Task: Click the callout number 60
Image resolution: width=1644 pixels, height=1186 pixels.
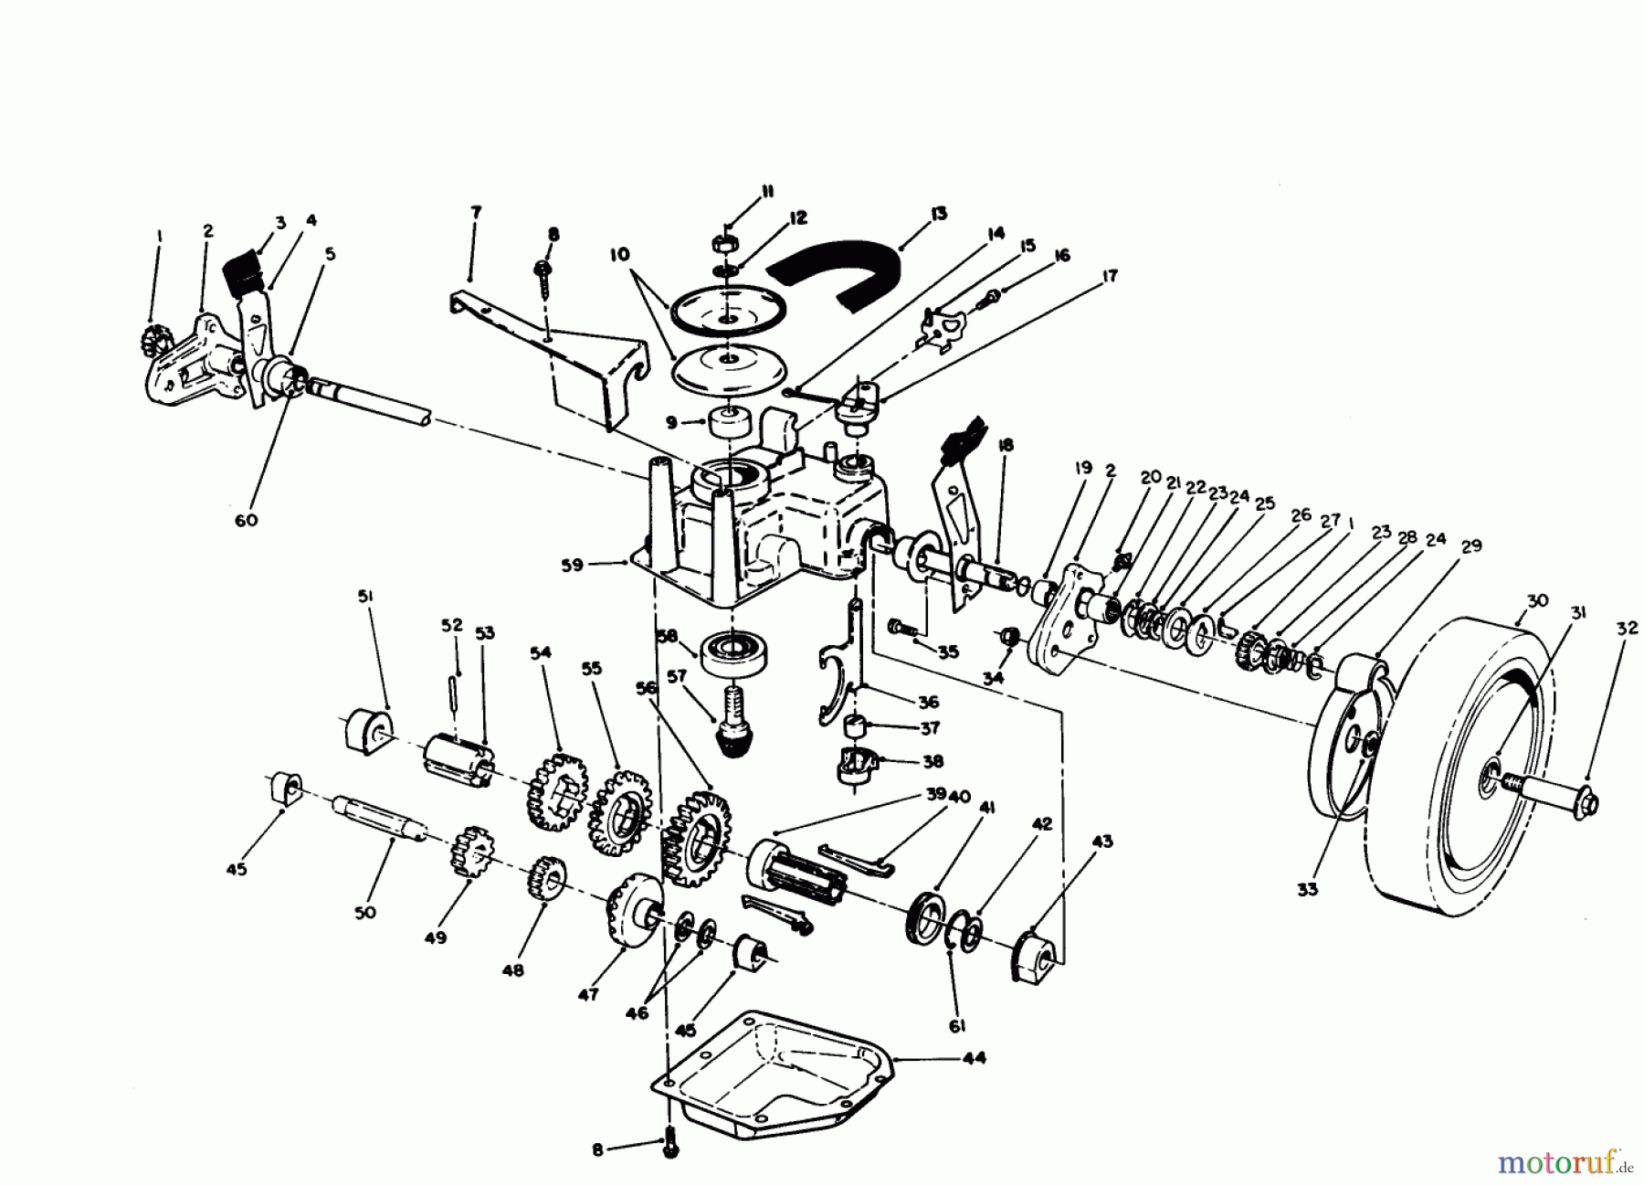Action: click(x=246, y=520)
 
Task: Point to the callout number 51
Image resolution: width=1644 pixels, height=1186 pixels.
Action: click(x=365, y=597)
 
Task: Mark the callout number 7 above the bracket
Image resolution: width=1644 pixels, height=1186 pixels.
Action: click(x=475, y=212)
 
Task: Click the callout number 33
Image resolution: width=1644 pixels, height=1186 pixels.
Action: click(x=1307, y=887)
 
